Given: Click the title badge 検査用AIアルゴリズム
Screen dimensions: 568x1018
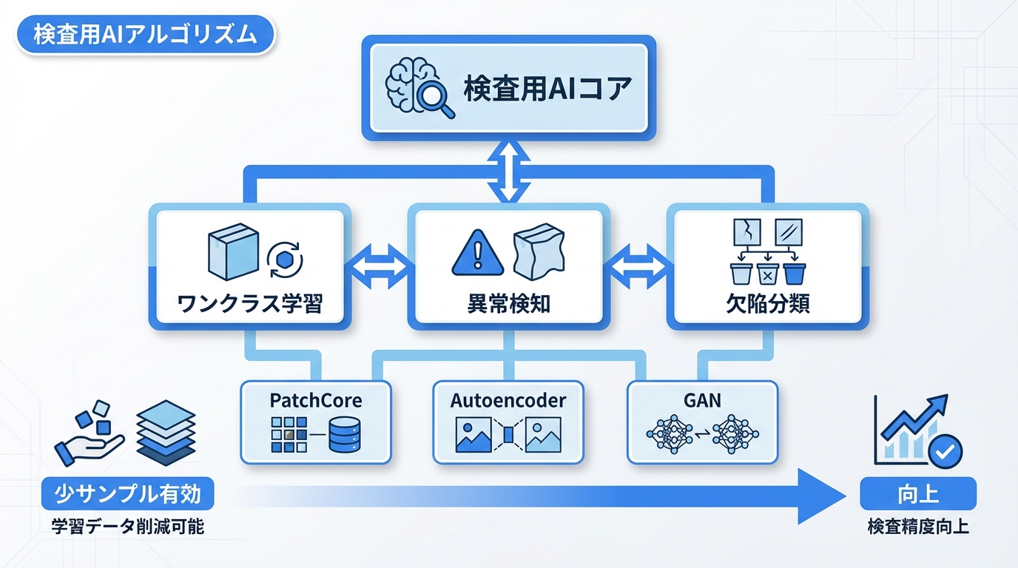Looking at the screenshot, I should pyautogui.click(x=144, y=35).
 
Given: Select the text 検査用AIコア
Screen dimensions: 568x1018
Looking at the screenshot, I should pyautogui.click(x=547, y=90).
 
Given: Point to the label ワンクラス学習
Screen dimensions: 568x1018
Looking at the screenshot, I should pyautogui.click(x=250, y=303).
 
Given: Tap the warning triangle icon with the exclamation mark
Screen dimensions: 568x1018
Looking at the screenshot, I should pyautogui.click(x=477, y=254).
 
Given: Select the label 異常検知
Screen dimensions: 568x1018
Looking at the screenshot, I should pyautogui.click(x=509, y=303).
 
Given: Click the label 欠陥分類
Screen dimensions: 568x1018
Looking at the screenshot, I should pyautogui.click(x=767, y=303).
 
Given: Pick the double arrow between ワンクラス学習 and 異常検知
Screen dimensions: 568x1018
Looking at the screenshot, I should pyautogui.click(x=377, y=266).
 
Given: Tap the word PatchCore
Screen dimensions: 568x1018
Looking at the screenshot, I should pyautogui.click(x=316, y=402).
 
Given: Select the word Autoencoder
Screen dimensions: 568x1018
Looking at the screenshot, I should pyautogui.click(x=508, y=402).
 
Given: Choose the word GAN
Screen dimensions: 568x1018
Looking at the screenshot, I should pyautogui.click(x=702, y=402).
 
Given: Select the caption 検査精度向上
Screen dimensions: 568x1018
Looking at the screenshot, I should pyautogui.click(x=917, y=527).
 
